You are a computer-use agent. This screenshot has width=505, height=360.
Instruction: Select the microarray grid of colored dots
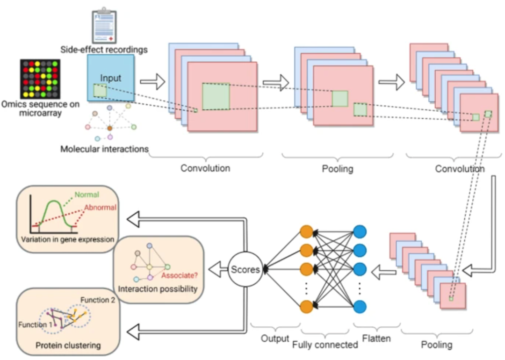[x=40, y=79]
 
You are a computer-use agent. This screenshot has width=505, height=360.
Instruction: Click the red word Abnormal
[x=101, y=208]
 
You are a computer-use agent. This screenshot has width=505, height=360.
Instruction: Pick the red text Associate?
[x=179, y=275]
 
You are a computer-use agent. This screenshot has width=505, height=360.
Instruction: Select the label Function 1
[x=35, y=324]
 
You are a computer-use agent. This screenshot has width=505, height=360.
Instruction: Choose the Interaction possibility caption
[x=158, y=288]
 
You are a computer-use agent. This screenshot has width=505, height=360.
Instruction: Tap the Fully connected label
[x=325, y=345]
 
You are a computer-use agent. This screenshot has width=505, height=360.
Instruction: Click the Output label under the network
[x=275, y=338]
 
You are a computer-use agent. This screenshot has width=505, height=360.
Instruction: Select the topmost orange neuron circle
[x=306, y=232]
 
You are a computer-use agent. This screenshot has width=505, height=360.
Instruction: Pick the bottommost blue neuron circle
[x=360, y=307]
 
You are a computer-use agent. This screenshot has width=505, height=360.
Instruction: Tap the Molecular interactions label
[x=104, y=149]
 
